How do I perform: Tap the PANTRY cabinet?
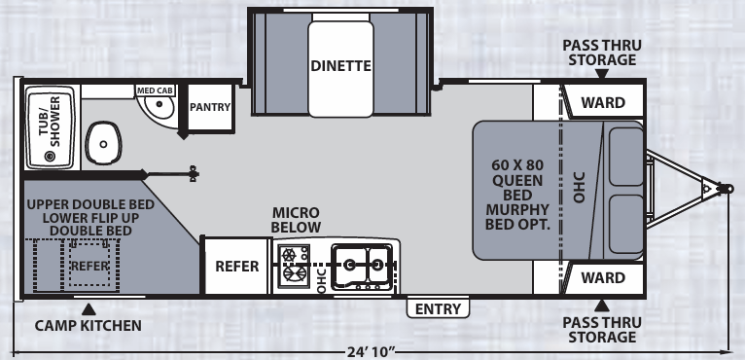tap(210, 107)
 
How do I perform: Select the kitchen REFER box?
tap(235, 267)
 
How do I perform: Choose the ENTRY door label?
tap(437, 308)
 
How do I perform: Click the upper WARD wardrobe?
tap(602, 101)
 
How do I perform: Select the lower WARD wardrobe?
tap(602, 277)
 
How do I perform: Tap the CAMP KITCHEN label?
tap(88, 325)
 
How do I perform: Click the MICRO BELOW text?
tap(296, 220)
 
